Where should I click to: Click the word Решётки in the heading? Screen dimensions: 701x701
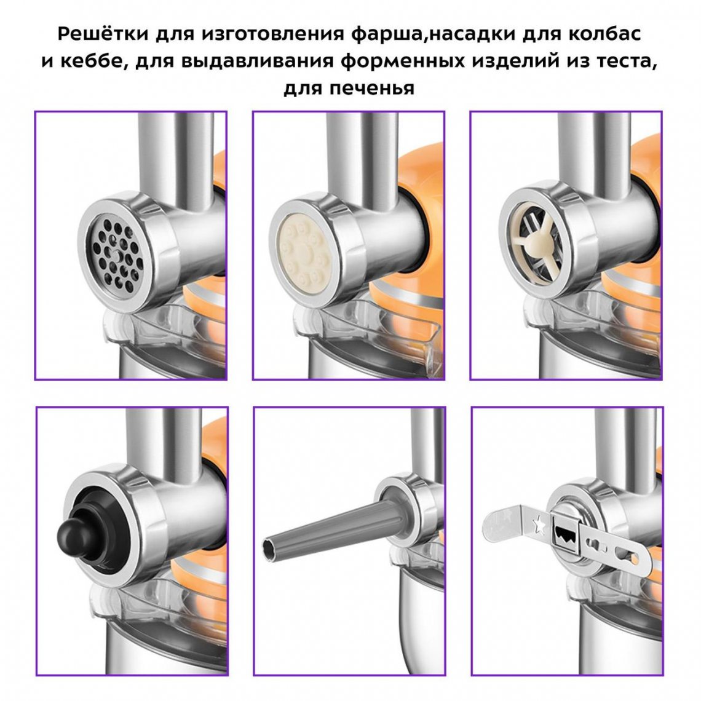pos(102,34)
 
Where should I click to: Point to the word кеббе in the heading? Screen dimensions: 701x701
pos(90,60)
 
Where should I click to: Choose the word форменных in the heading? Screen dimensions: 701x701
pos(402,60)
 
